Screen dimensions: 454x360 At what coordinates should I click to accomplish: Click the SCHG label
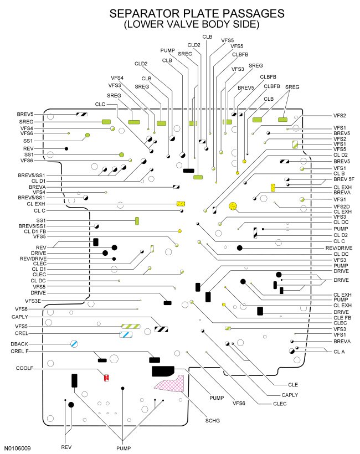click(x=212, y=421)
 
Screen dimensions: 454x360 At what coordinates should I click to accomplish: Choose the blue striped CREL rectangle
click(x=126, y=334)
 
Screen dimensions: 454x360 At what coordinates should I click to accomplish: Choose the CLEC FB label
click(x=342, y=317)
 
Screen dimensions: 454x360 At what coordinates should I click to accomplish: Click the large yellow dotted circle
click(x=233, y=207)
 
